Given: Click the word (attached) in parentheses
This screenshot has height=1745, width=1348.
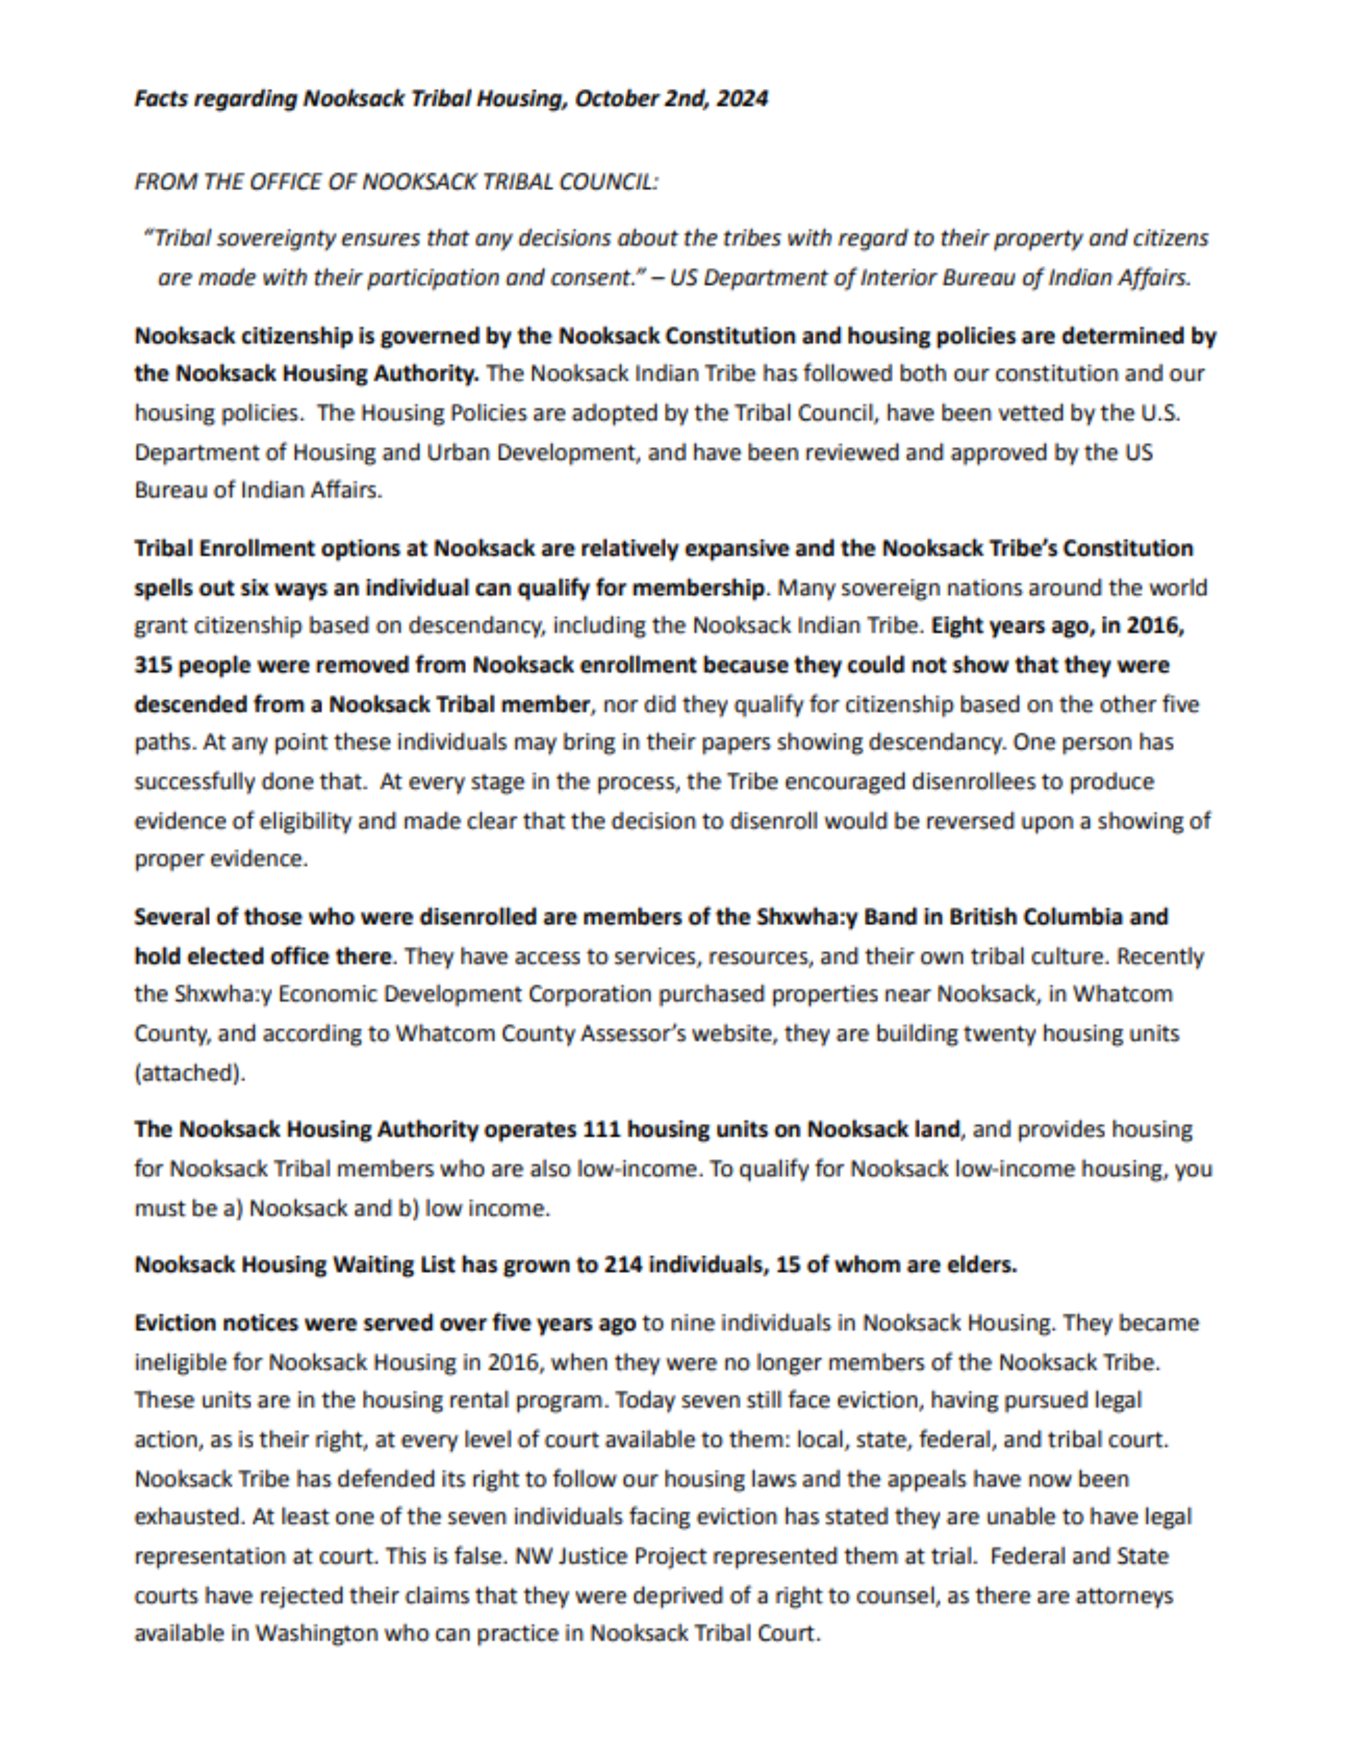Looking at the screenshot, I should click(189, 1072).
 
